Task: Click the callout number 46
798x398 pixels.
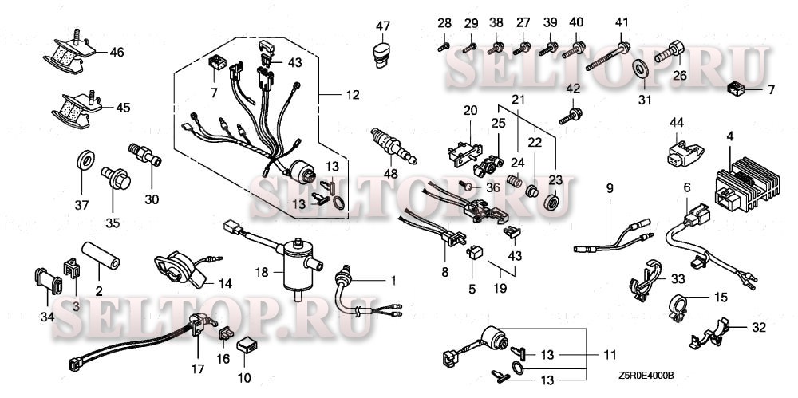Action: click(x=117, y=53)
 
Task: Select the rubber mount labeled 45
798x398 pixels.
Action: click(x=71, y=108)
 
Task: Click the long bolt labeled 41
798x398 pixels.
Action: click(x=610, y=57)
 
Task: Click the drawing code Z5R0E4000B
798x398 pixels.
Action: click(x=645, y=375)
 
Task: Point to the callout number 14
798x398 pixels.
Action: click(x=225, y=283)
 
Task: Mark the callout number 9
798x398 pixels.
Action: click(x=609, y=189)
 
